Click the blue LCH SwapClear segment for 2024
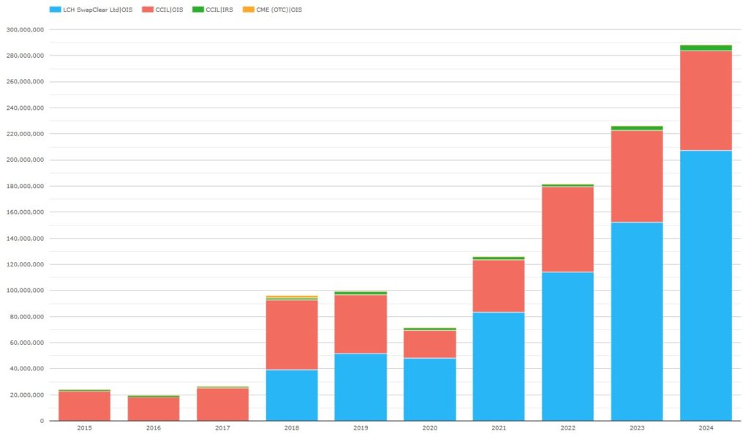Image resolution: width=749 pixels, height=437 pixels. [x=705, y=285]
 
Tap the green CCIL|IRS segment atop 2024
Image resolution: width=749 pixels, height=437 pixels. [x=705, y=48]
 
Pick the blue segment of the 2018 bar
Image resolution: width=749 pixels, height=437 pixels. [x=292, y=395]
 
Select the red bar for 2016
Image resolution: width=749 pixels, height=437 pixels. [x=153, y=408]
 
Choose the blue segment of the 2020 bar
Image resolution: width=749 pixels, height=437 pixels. [x=429, y=389]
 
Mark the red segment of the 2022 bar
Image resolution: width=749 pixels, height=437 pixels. [x=568, y=230]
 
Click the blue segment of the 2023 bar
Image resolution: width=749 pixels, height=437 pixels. [x=636, y=321]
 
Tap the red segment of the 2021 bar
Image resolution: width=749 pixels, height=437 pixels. [x=498, y=286]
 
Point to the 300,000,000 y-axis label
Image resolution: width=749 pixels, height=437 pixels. [x=26, y=30]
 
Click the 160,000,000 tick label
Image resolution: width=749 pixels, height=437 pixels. [x=26, y=212]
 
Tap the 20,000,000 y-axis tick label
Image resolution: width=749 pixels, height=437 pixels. [x=27, y=395]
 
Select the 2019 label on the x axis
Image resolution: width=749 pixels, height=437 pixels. [x=361, y=427]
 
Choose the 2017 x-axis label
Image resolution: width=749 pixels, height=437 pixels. [x=222, y=427]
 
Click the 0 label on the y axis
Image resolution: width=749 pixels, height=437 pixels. [x=42, y=421]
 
